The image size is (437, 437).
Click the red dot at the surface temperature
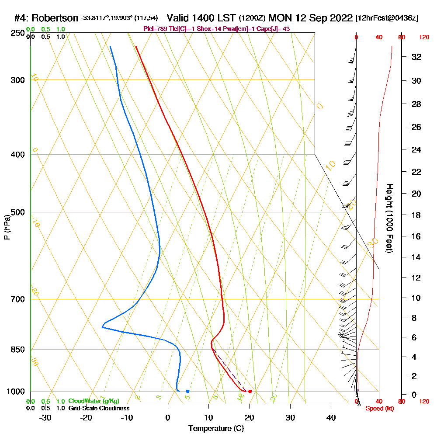coord(250,391)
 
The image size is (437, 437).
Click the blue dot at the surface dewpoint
coord(187,391)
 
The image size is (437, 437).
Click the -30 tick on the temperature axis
coord(45,418)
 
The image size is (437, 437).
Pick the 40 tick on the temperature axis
coord(331,418)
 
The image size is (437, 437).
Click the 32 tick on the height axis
coord(417,57)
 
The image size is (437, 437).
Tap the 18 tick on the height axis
coord(417,215)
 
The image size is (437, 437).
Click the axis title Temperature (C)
coord(216,429)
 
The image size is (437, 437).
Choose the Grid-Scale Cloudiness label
coord(99,408)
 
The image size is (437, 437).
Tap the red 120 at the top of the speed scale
coord(424,38)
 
